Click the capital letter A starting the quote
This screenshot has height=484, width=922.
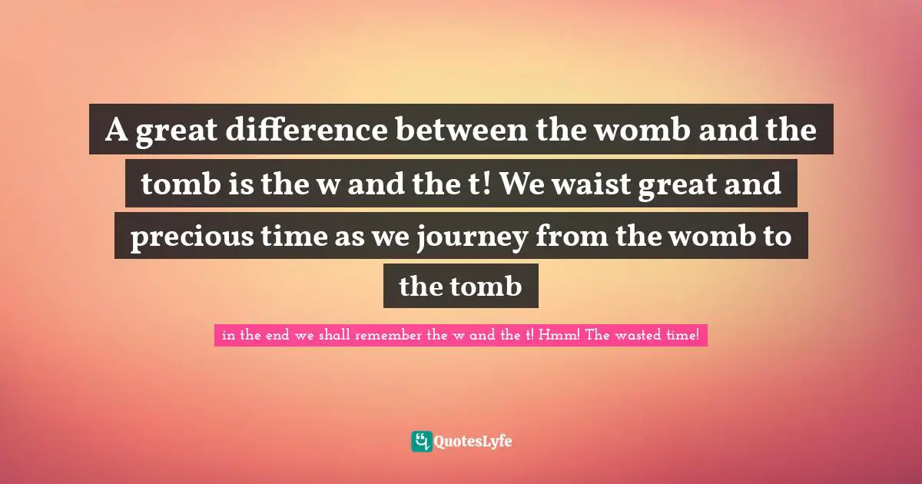[116, 131]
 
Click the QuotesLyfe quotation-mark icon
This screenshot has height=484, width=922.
[421, 441]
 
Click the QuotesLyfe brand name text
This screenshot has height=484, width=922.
[473, 442]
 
